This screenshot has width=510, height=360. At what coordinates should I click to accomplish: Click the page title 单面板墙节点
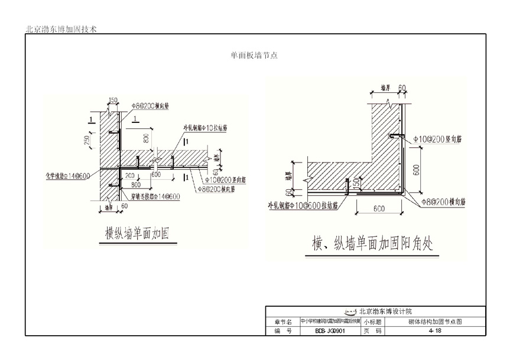pos(254,56)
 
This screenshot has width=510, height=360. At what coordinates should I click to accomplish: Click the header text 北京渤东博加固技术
pos(61,28)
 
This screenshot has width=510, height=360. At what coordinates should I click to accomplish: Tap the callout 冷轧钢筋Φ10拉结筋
pos(205,128)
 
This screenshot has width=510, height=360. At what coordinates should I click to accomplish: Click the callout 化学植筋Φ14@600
pos(69,176)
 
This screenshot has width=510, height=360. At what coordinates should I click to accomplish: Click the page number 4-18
pos(435,331)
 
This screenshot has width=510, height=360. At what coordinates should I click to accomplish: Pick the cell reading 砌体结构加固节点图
pos(435,322)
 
